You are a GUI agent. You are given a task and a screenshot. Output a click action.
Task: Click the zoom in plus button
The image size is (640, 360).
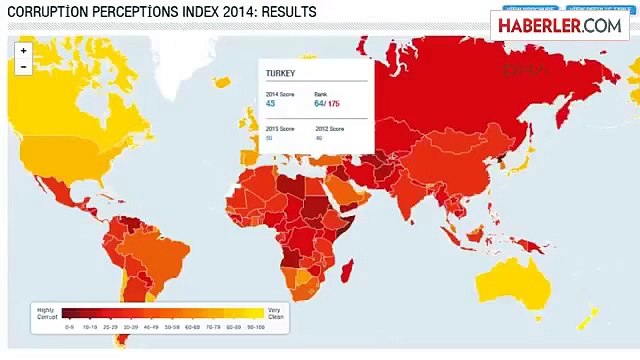pos(23,49)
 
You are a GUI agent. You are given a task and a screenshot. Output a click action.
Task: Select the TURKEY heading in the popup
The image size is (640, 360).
pos(281,74)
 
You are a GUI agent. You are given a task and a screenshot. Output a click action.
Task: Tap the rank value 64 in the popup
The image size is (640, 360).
pos(319,103)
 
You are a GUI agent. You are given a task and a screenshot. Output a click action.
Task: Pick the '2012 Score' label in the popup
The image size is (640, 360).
pos(329,129)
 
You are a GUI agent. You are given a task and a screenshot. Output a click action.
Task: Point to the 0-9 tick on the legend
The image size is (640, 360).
pos(70,326)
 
